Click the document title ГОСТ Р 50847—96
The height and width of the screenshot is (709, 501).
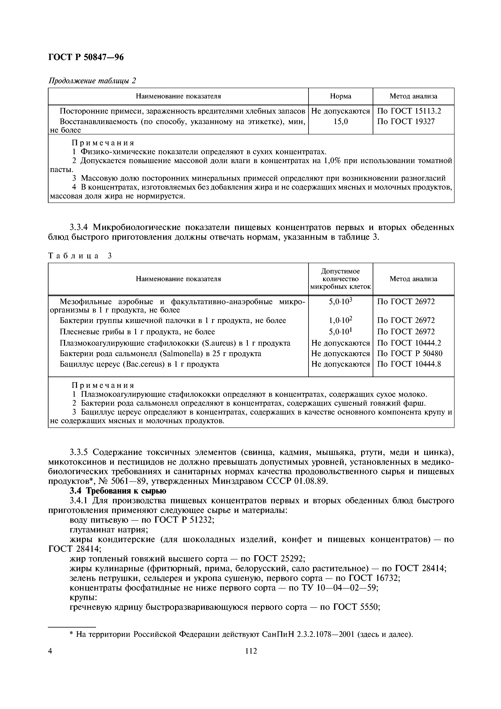tap(86, 57)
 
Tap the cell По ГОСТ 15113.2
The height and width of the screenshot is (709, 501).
tap(409, 111)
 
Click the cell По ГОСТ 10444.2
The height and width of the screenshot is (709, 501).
tap(409, 343)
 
